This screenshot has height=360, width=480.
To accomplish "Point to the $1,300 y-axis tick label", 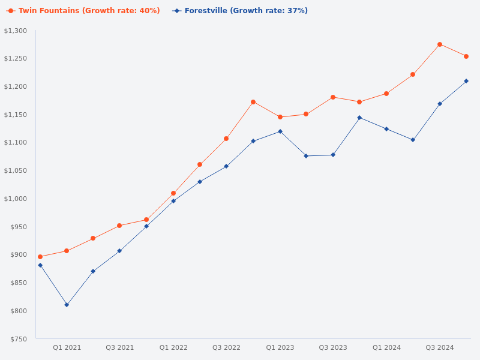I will tap(16, 31).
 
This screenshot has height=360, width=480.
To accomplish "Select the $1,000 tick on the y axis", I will tap(16, 199).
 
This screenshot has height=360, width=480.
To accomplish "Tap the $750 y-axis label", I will tap(17, 339).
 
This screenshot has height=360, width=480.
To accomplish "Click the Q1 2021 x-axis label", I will tap(67, 347).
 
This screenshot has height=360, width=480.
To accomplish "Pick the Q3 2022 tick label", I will tap(226, 347).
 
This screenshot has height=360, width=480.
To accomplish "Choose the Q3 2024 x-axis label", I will tap(440, 347).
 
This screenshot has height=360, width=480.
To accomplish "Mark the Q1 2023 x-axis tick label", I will tap(280, 347).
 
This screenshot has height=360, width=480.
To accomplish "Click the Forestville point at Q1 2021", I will tap(67, 305).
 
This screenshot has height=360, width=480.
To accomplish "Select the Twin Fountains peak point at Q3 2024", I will tap(440, 44).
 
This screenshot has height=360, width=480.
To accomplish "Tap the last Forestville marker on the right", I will tap(466, 81).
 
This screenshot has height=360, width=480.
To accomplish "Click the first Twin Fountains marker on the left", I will tap(40, 257).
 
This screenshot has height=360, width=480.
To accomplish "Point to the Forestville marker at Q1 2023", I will tap(280, 131).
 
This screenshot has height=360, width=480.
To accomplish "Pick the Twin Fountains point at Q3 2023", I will tap(333, 97).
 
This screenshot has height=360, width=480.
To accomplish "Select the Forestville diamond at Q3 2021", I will tap(119, 251).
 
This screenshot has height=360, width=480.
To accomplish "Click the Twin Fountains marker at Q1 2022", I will tap(173, 193).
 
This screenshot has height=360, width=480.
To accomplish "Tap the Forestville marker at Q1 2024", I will tap(386, 129).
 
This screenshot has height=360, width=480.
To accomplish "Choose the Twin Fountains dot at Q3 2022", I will tap(226, 139).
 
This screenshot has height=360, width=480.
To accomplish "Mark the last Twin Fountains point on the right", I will tap(466, 56).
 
